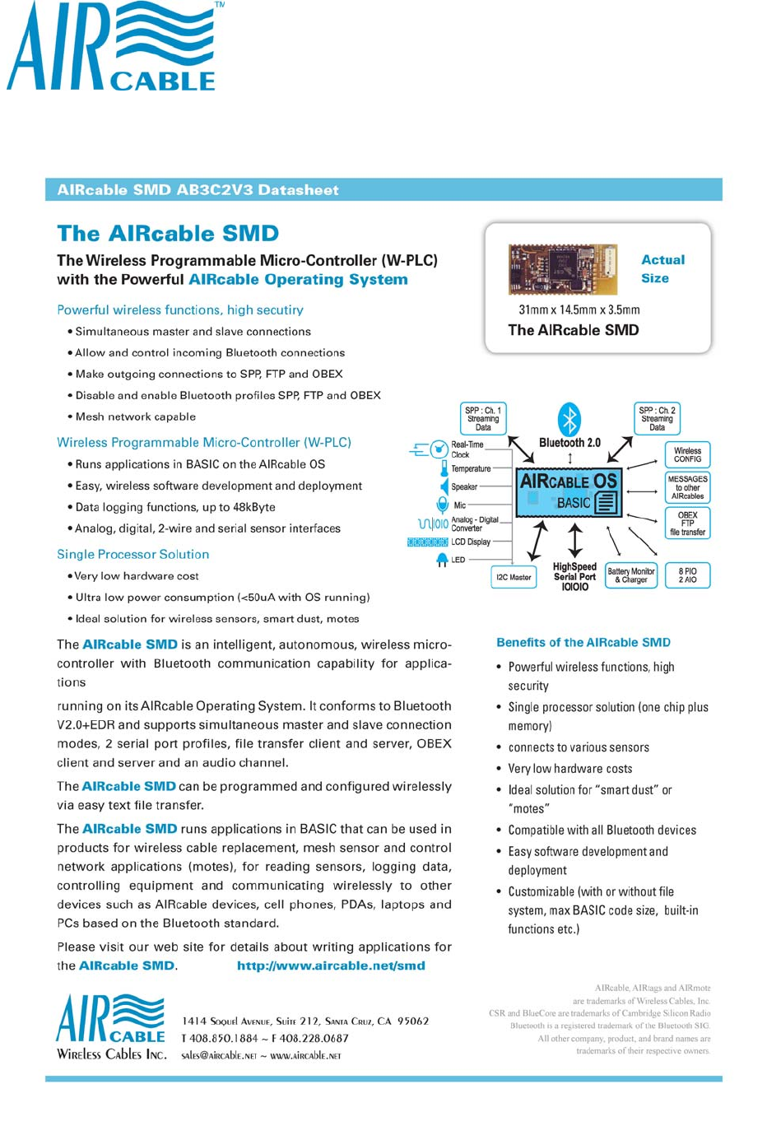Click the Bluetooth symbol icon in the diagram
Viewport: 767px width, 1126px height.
pyautogui.click(x=569, y=419)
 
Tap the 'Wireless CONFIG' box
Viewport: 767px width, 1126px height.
pyautogui.click(x=687, y=454)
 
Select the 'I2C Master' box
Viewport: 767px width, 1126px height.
pyautogui.click(x=514, y=577)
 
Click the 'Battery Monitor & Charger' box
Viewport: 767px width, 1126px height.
pyautogui.click(x=631, y=575)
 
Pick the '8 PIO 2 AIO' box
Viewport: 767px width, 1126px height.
pyautogui.click(x=687, y=575)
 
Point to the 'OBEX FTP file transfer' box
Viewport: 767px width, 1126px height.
pyautogui.click(x=687, y=523)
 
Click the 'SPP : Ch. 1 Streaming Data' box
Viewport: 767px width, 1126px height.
pyautogui.click(x=483, y=418)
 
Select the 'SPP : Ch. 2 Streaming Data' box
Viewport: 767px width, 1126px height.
pyautogui.click(x=657, y=418)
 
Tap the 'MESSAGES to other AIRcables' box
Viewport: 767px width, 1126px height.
pyautogui.click(x=687, y=487)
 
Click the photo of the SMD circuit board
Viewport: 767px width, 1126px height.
pyautogui.click(x=562, y=269)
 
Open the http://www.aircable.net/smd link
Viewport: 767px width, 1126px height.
pyautogui.click(x=331, y=965)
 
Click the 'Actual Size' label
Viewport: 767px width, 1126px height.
pyautogui.click(x=662, y=269)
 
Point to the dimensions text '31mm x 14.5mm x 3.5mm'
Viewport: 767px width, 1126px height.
pyautogui.click(x=579, y=309)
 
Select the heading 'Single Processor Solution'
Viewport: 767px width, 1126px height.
pyautogui.click(x=132, y=554)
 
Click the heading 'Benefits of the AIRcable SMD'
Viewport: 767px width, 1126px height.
pyautogui.click(x=583, y=642)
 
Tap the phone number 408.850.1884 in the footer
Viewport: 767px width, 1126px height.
pyautogui.click(x=224, y=1039)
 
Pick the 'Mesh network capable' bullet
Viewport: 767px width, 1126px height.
pyautogui.click(x=136, y=416)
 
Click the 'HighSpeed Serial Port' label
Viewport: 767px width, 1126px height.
pyautogui.click(x=574, y=572)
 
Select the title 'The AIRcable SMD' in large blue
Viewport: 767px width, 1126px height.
pyautogui.click(x=168, y=234)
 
